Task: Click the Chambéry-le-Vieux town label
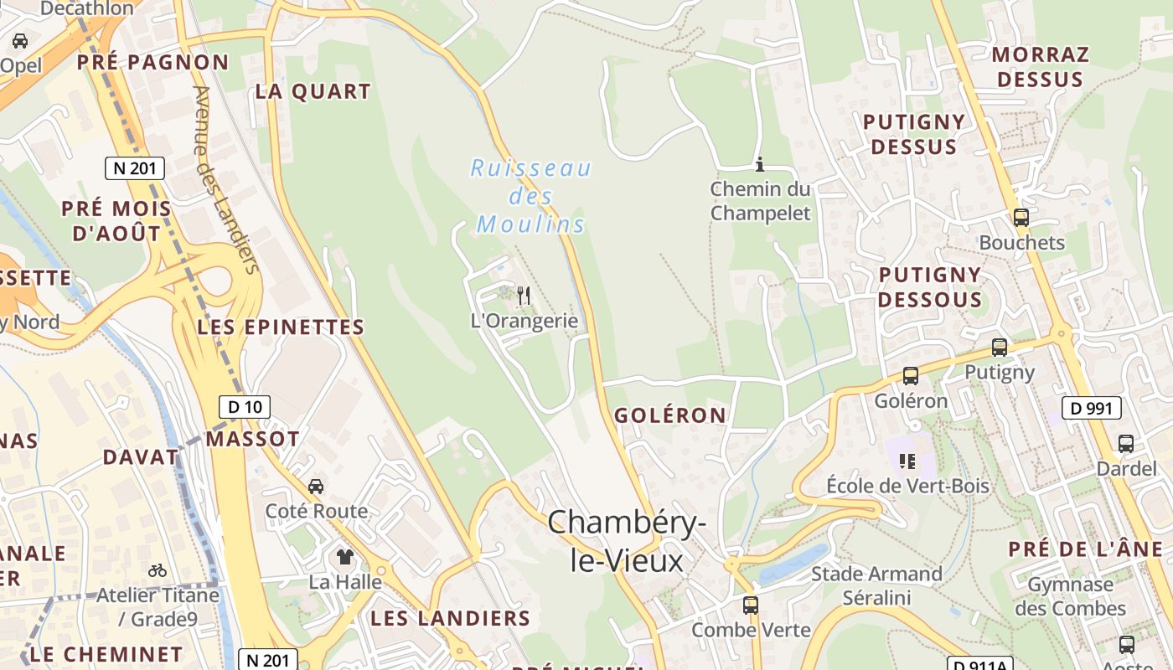(626, 541)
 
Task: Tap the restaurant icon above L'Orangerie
(524, 295)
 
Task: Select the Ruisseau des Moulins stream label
(530, 196)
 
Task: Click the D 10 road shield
(245, 407)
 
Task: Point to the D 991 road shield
(1092, 408)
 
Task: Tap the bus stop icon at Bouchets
(1021, 218)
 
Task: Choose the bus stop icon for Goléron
(911, 376)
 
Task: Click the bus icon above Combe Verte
(751, 605)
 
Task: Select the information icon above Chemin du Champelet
(760, 164)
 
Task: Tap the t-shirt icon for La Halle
(344, 556)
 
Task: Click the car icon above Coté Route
(316, 486)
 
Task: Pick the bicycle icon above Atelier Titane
(157, 570)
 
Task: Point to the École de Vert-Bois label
(907, 486)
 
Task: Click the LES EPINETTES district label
(281, 327)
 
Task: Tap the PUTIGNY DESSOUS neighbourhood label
(930, 287)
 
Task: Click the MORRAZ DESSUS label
(1041, 67)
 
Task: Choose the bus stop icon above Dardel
(1126, 443)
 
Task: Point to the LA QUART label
(313, 92)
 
